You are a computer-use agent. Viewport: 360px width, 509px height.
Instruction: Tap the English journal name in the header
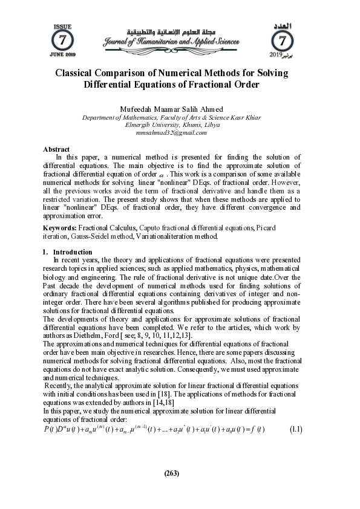[x=171, y=42]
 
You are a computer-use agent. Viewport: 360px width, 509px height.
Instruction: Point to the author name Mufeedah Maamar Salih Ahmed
[x=172, y=109]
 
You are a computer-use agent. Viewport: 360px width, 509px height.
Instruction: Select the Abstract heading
[x=56, y=149]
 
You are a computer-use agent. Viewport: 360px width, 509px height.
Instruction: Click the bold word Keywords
[x=59, y=228]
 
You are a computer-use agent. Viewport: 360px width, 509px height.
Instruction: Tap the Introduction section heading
[x=73, y=252]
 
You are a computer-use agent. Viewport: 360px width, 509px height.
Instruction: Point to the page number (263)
[x=172, y=473]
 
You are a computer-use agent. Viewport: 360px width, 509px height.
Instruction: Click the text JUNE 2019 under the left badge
[x=63, y=55]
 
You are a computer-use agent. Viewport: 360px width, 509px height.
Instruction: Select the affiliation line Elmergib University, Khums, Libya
[x=172, y=125]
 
